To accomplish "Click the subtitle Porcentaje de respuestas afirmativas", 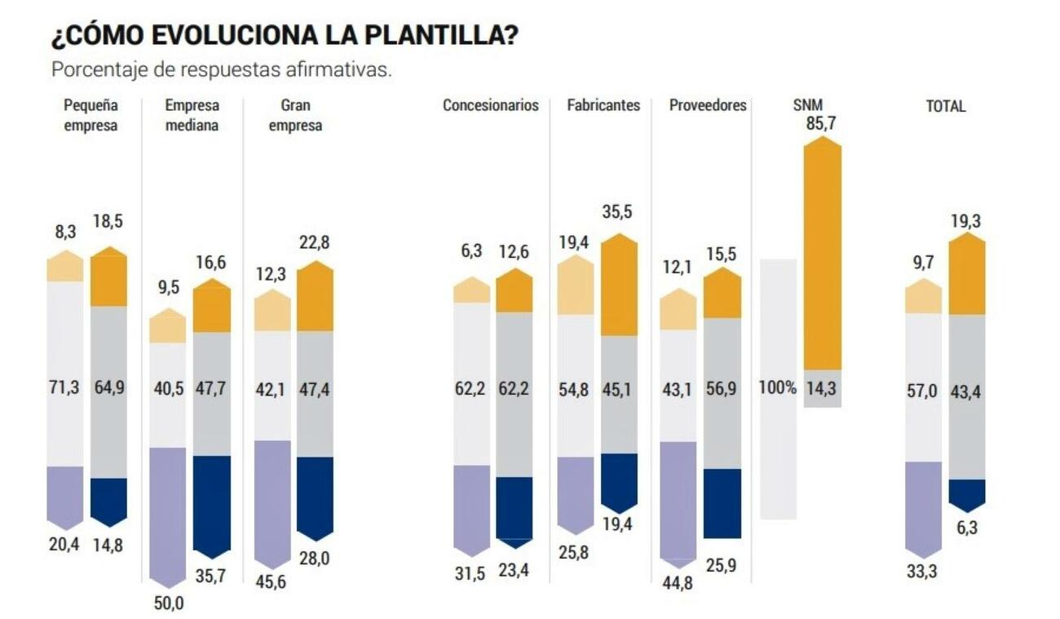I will click(x=222, y=69).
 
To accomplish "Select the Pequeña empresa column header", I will click(x=91, y=115).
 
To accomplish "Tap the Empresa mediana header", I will click(x=192, y=115).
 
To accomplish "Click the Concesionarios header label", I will click(x=491, y=105).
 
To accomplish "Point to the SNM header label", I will click(x=808, y=105).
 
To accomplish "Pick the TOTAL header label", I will click(x=945, y=106).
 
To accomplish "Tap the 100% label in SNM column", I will click(x=778, y=387).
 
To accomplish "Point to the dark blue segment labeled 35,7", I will click(x=211, y=506).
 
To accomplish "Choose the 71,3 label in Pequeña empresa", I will click(x=65, y=387).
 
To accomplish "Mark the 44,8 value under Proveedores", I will click(x=678, y=581).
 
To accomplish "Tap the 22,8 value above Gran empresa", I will click(x=314, y=243).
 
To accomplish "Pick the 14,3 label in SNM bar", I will click(x=822, y=387).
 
